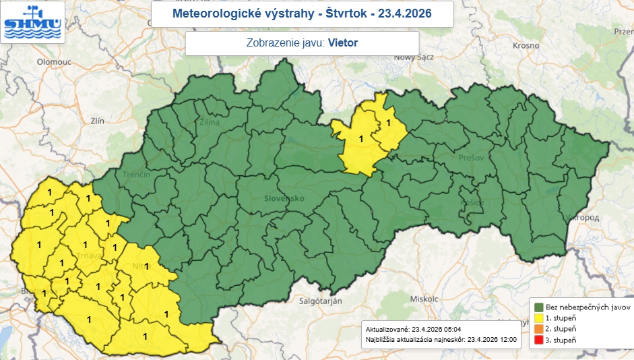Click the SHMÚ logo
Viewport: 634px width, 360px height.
(x=32, y=22)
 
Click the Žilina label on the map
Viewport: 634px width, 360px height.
(x=210, y=123)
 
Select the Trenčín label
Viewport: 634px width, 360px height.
(x=136, y=174)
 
